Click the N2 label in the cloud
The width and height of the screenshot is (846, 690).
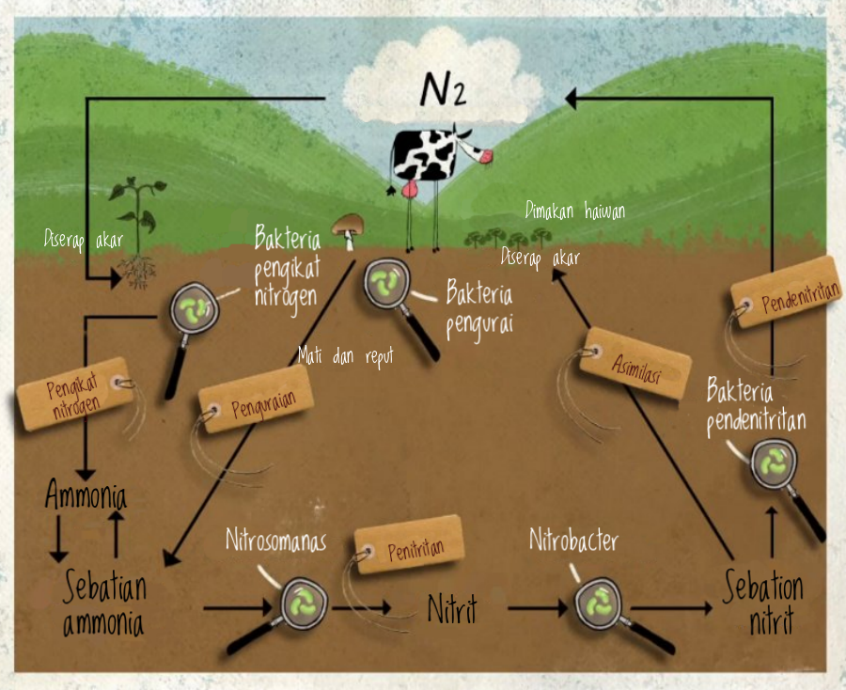(x=442, y=90)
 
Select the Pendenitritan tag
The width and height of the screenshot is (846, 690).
(x=786, y=290)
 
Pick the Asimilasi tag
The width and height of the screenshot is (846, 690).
(x=635, y=366)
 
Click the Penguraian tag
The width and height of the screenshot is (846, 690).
(x=258, y=400)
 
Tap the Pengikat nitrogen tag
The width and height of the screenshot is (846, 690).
(x=75, y=394)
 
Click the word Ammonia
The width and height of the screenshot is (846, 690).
(x=86, y=494)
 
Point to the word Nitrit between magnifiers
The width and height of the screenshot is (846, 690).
(x=452, y=609)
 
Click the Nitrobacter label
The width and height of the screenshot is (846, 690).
(x=573, y=541)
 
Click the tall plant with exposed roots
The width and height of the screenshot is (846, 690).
(x=137, y=230)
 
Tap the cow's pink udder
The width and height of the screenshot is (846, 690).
(x=410, y=189)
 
